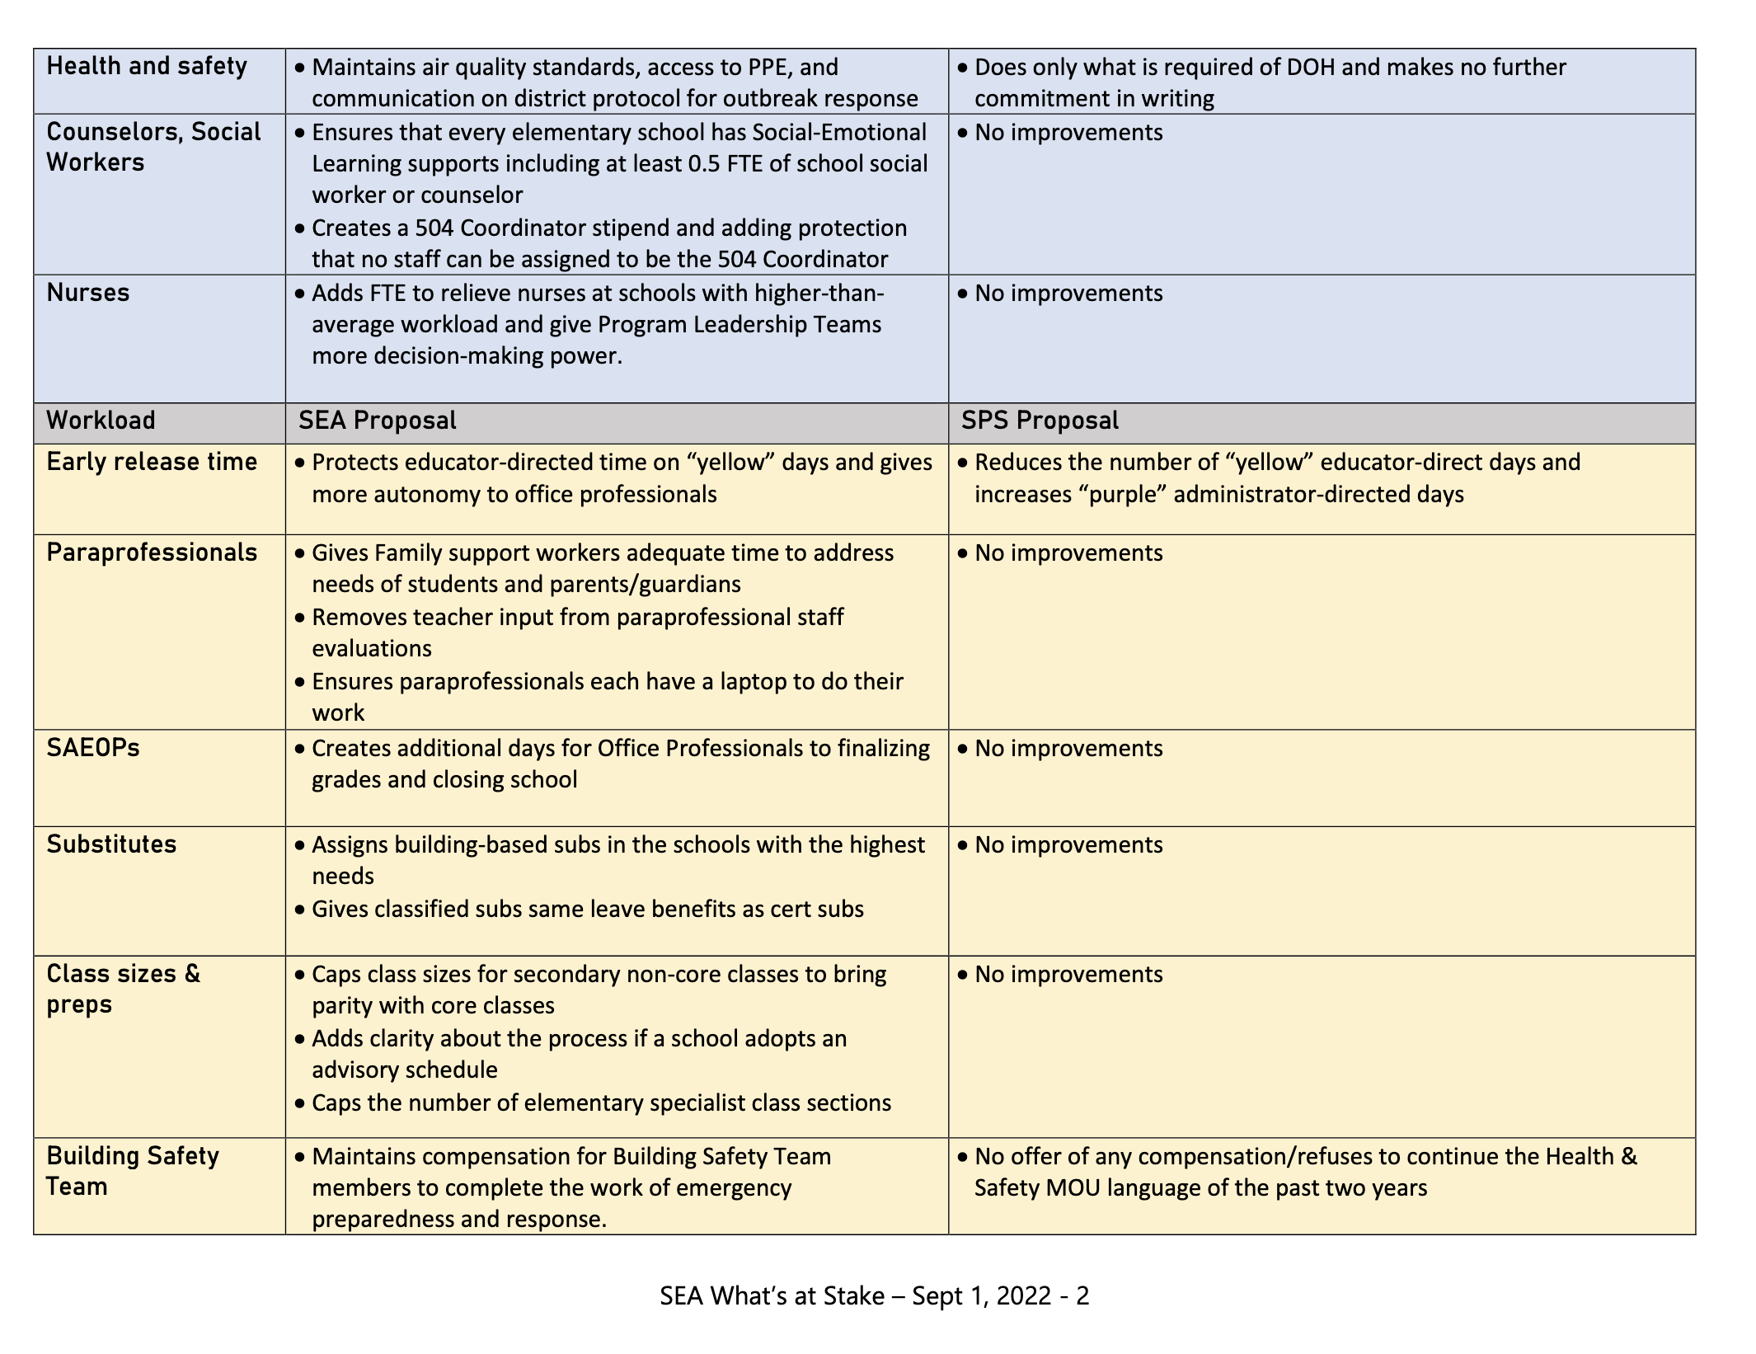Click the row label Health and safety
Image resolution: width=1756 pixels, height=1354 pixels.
[x=147, y=66]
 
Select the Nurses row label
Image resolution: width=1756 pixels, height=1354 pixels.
[x=88, y=293]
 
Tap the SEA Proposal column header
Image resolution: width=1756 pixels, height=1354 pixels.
[x=377, y=421]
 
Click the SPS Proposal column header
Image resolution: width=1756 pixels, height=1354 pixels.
[x=1040, y=421]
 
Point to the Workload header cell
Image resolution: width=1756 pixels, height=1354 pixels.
[x=101, y=421]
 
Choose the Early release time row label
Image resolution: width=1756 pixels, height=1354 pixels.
[x=152, y=462]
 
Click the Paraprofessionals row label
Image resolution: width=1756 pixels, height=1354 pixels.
[x=152, y=552]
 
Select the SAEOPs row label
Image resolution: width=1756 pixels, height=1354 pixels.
[x=93, y=748]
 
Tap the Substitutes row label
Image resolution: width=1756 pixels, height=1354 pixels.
[x=111, y=844]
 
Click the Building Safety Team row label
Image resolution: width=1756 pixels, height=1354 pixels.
[x=132, y=1171]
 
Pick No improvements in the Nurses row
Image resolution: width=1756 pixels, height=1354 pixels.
[x=1068, y=294]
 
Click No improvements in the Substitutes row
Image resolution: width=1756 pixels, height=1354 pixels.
[x=1068, y=845]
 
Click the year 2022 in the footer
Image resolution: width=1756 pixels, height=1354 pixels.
[x=1023, y=1295]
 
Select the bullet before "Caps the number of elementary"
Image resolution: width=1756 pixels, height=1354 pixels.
[x=300, y=1103]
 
